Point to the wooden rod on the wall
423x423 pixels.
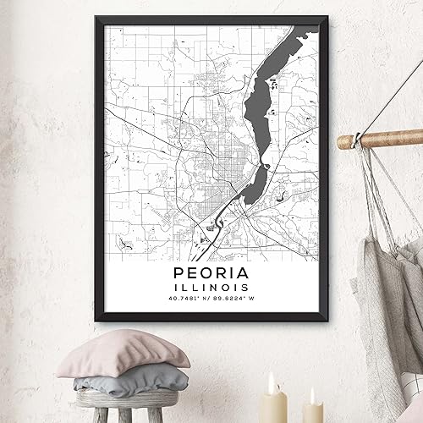point(381,139)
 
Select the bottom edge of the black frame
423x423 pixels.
point(211,319)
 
